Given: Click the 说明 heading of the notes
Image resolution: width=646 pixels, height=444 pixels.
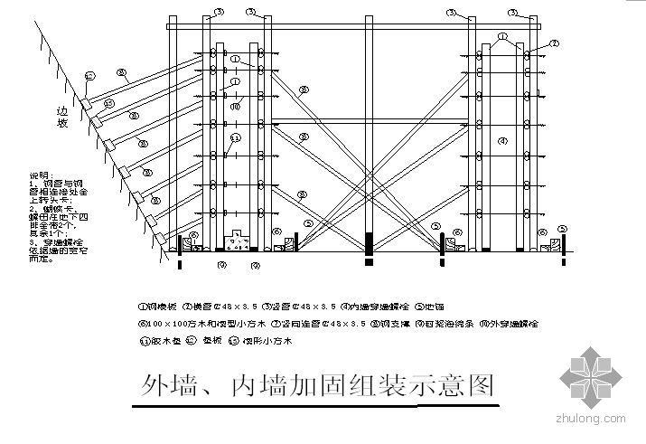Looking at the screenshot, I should coord(41,175).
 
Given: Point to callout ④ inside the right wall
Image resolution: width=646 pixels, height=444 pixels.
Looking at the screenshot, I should coord(503,140).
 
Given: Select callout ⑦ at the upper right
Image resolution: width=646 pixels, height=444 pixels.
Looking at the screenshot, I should coord(554,43).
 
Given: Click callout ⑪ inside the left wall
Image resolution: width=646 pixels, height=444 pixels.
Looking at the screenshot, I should coord(234,137).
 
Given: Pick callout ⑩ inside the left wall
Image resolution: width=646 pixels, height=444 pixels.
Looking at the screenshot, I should coord(234,107).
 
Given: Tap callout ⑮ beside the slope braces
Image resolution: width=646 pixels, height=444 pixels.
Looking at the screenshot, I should coord(109,104).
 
